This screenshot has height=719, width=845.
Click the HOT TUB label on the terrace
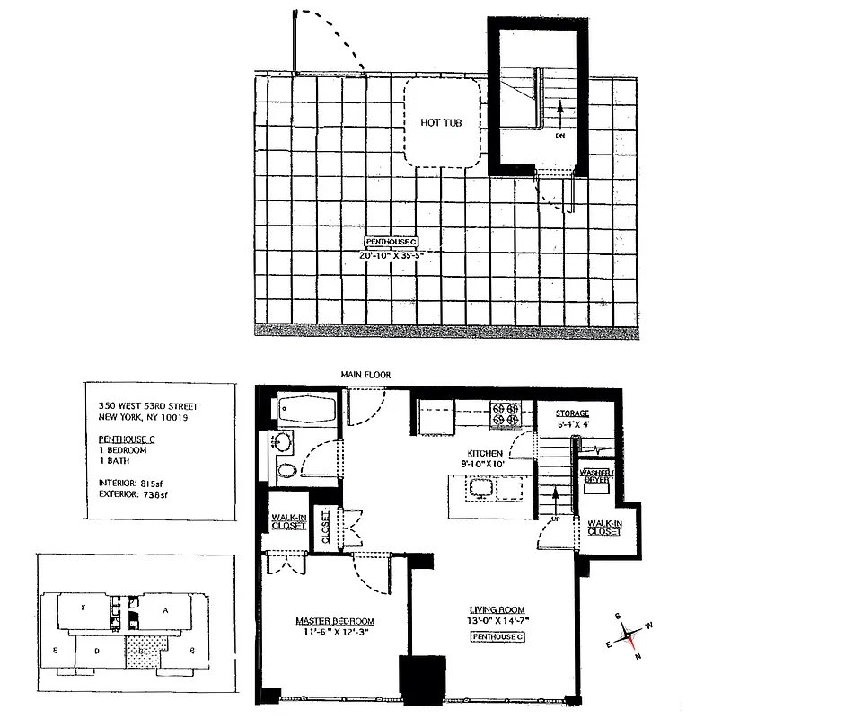click(x=442, y=122)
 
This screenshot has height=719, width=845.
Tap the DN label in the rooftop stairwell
click(x=559, y=137)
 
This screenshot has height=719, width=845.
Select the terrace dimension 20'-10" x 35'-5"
click(x=391, y=255)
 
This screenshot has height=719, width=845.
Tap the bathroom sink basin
click(x=282, y=441)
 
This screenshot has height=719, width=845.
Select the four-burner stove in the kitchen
click(x=503, y=416)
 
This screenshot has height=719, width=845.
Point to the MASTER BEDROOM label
click(x=335, y=622)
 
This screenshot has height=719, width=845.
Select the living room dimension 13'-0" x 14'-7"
click(x=497, y=621)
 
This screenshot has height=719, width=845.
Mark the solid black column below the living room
click(x=417, y=680)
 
